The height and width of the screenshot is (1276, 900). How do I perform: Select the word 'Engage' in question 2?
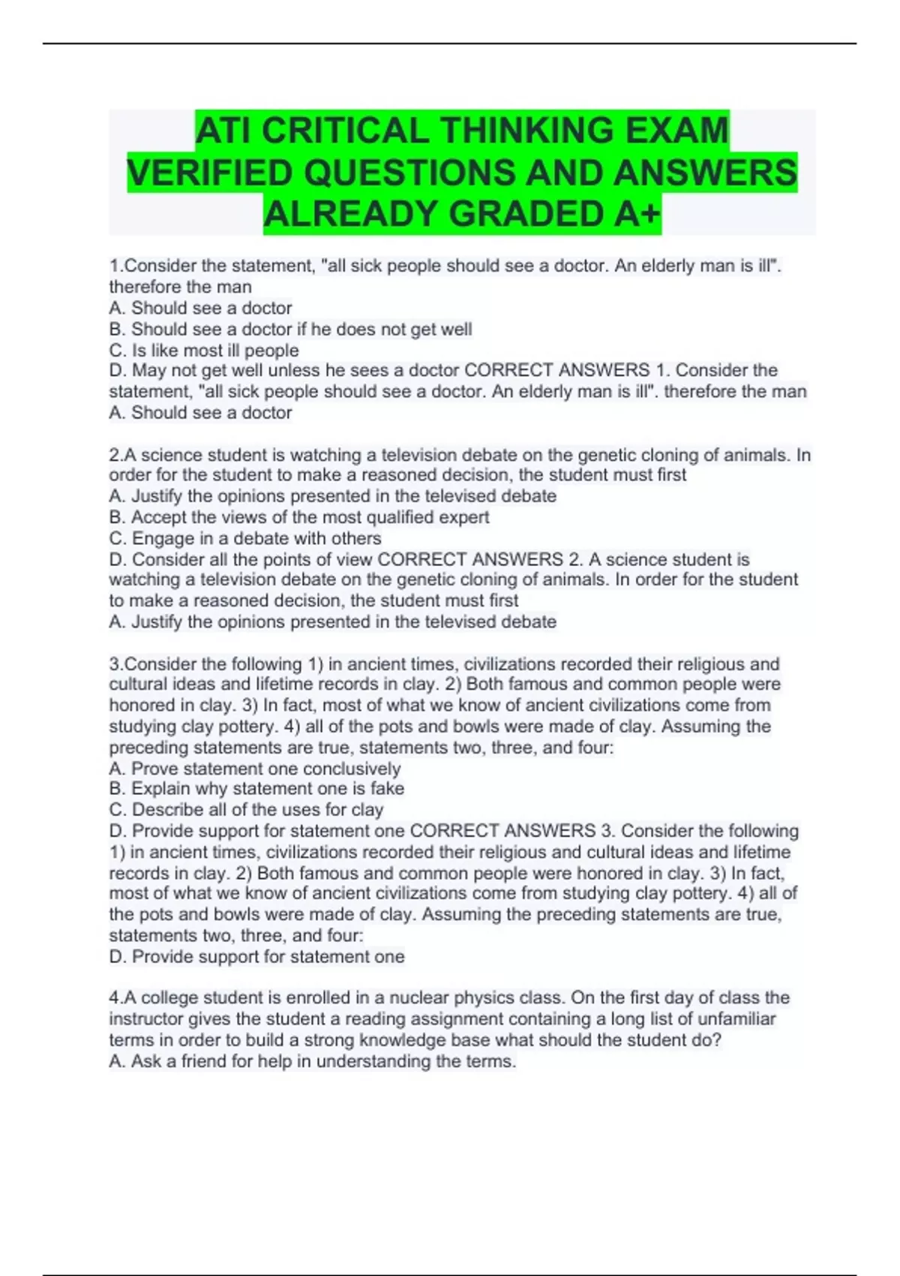tap(159, 538)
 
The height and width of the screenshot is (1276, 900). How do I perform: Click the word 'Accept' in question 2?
tap(158, 517)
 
